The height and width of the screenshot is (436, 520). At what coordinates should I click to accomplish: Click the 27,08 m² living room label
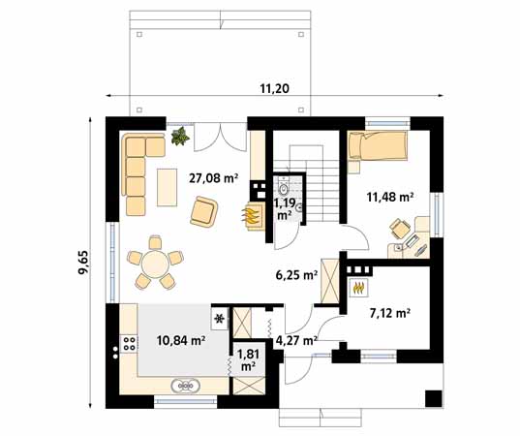(x=213, y=177)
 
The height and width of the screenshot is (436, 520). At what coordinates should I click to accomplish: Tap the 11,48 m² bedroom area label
(x=389, y=197)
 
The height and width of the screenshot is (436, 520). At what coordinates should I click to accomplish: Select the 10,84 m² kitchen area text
(x=179, y=340)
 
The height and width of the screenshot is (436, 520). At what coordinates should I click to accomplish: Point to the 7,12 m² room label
(x=390, y=313)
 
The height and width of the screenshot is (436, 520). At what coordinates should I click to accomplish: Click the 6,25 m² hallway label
(x=297, y=275)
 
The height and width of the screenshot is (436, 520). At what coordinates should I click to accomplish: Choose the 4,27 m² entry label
(x=296, y=340)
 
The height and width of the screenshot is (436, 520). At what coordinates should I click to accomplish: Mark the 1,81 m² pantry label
(x=247, y=360)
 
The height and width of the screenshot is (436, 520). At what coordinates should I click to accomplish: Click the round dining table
(x=153, y=263)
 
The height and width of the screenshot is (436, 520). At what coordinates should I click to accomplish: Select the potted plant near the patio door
(x=179, y=139)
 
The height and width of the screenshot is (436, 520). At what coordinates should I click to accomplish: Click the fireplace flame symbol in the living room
(x=252, y=215)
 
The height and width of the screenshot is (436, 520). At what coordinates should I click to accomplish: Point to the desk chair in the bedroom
(x=398, y=228)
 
